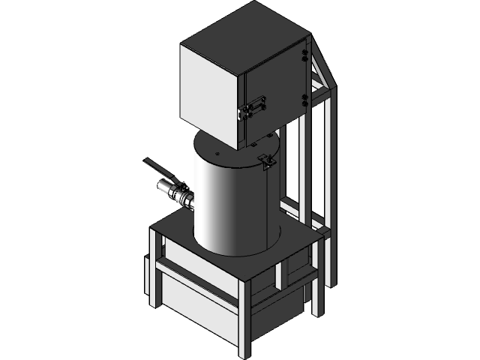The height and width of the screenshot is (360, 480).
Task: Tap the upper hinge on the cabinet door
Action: (x=304, y=52)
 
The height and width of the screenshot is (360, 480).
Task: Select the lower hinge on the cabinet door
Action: (x=304, y=97)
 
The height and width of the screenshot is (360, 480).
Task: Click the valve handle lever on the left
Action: (x=159, y=168)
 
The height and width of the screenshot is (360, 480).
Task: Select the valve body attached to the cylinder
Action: (x=178, y=195)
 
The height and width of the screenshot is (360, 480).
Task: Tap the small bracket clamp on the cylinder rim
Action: (x=266, y=160)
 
